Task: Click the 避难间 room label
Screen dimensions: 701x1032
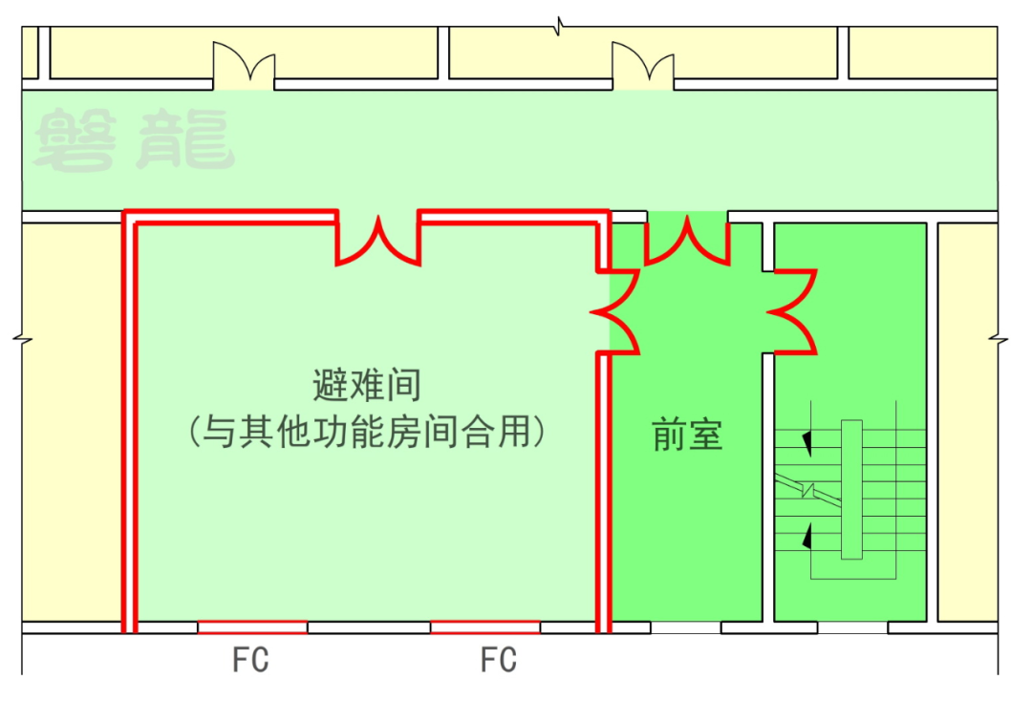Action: click(x=367, y=387)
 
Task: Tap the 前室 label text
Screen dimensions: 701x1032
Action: click(x=687, y=435)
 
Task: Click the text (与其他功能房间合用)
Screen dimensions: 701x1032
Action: click(x=367, y=433)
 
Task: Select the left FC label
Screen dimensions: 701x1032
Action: click(x=250, y=660)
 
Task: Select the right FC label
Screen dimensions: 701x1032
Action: click(x=498, y=660)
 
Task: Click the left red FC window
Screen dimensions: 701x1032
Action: click(x=252, y=627)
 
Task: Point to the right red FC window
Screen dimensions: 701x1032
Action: click(x=484, y=627)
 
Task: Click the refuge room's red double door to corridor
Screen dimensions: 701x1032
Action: click(x=378, y=239)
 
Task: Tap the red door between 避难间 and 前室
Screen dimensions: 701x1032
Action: click(x=616, y=311)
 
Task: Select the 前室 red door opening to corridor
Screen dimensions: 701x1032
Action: click(x=686, y=241)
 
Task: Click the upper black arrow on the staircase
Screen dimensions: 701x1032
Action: click(x=808, y=442)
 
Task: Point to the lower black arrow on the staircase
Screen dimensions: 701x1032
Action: click(x=808, y=536)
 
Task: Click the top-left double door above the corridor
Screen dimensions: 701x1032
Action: click(x=244, y=67)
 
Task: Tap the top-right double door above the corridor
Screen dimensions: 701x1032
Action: click(x=643, y=67)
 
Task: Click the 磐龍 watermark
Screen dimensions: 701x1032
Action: click(x=134, y=141)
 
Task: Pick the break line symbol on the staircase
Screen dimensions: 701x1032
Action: click(x=808, y=490)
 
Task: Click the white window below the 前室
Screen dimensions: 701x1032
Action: click(x=685, y=627)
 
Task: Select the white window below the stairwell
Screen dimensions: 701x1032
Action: click(x=852, y=627)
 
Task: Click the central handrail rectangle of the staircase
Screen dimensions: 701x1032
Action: click(x=850, y=489)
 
